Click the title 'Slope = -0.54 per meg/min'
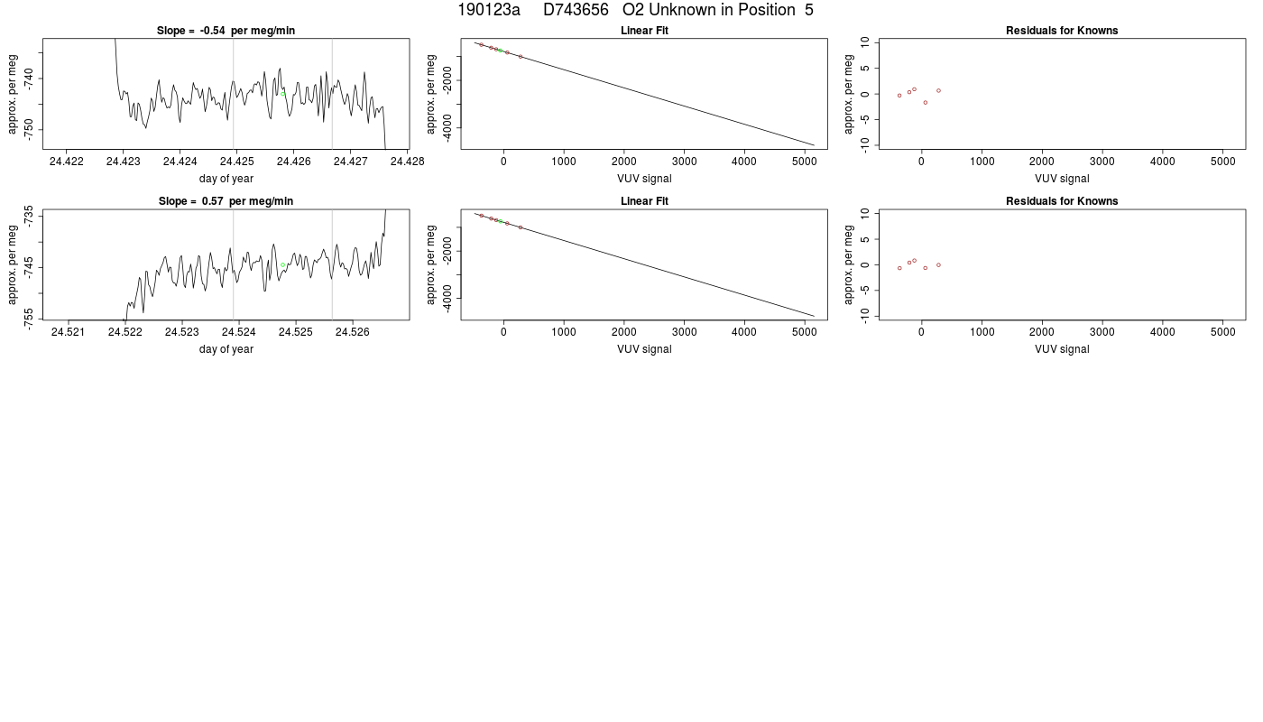pyautogui.click(x=226, y=31)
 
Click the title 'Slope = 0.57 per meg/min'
pyautogui.click(x=226, y=201)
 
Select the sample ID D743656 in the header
pyautogui.click(x=576, y=10)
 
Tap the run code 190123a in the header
pyautogui.click(x=489, y=10)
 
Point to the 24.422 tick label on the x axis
pyautogui.click(x=67, y=162)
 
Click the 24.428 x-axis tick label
pyautogui.click(x=407, y=162)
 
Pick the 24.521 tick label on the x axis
pyautogui.click(x=68, y=332)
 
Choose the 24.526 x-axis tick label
pyautogui.click(x=353, y=332)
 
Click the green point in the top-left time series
pyautogui.click(x=282, y=94)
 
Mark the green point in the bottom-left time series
pyautogui.click(x=282, y=265)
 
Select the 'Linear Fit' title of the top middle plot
pyautogui.click(x=644, y=31)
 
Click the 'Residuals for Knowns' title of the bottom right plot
pyautogui.click(x=1062, y=201)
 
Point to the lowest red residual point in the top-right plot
pyautogui.click(x=926, y=103)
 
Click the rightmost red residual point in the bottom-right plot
pyautogui.click(x=938, y=265)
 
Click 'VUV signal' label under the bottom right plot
pyautogui.click(x=1062, y=349)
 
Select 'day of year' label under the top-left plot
pyautogui.click(x=226, y=179)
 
